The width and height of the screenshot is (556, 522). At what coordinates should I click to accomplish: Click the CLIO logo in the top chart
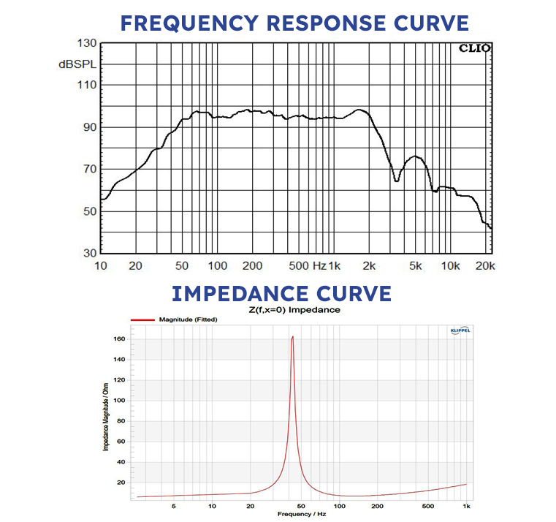pos(474,49)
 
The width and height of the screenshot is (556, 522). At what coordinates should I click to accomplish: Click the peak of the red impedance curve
pos(292,337)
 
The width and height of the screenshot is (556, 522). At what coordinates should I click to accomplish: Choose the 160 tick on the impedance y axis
pos(119,339)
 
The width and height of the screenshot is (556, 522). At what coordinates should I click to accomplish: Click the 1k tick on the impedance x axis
pos(466,505)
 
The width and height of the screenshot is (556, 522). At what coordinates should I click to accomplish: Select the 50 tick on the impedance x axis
pos(301,505)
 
